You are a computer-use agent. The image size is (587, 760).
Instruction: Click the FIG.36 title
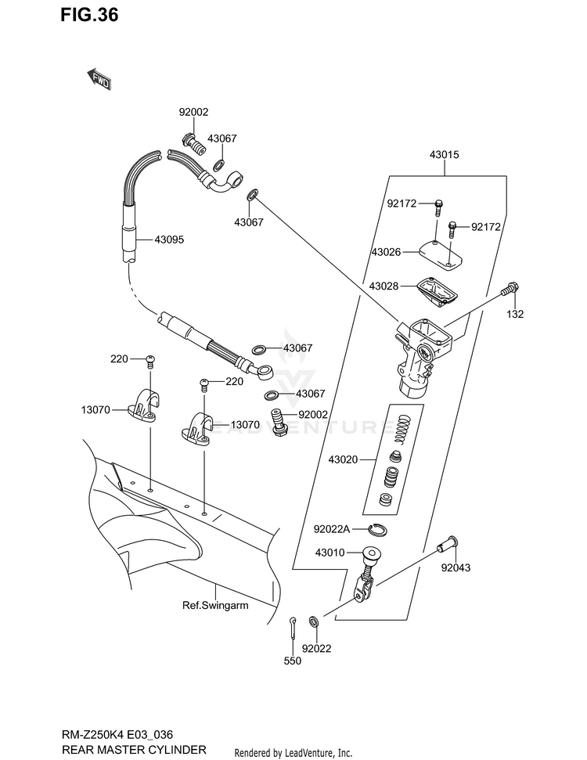pos(89,15)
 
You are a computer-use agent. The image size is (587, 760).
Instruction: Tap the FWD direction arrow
pos(99,78)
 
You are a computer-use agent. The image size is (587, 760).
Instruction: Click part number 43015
pos(444,155)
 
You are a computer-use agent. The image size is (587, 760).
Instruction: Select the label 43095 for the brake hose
pos(169,240)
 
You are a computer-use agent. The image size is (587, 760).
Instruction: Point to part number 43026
pos(387,252)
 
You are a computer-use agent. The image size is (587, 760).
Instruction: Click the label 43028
pos(384,286)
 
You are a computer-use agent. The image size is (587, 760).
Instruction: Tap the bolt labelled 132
pos(509,288)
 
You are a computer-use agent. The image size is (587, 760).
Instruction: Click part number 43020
pos(343,459)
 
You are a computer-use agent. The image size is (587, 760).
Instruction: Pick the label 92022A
pos(332,529)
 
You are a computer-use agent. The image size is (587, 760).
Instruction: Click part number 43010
pos(330,553)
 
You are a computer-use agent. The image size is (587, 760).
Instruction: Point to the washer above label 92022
pos(314,621)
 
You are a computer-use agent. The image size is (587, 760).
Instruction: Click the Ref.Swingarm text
pos(215,605)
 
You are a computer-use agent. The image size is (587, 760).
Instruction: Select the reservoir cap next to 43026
pos(440,254)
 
